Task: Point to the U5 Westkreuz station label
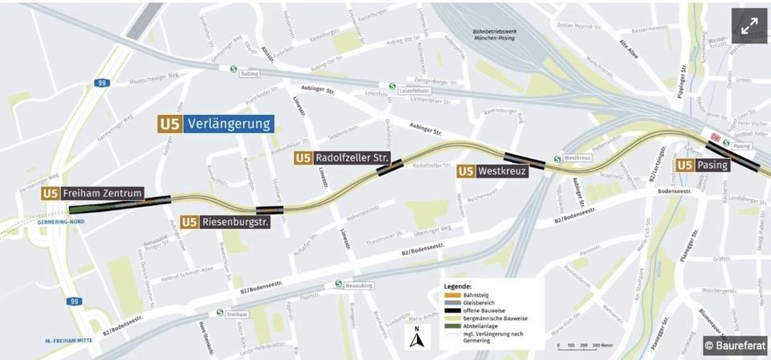click(492, 171)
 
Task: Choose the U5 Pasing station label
click(703, 166)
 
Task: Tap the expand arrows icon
click(749, 26)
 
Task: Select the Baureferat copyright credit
click(735, 345)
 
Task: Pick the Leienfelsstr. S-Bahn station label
click(411, 91)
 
